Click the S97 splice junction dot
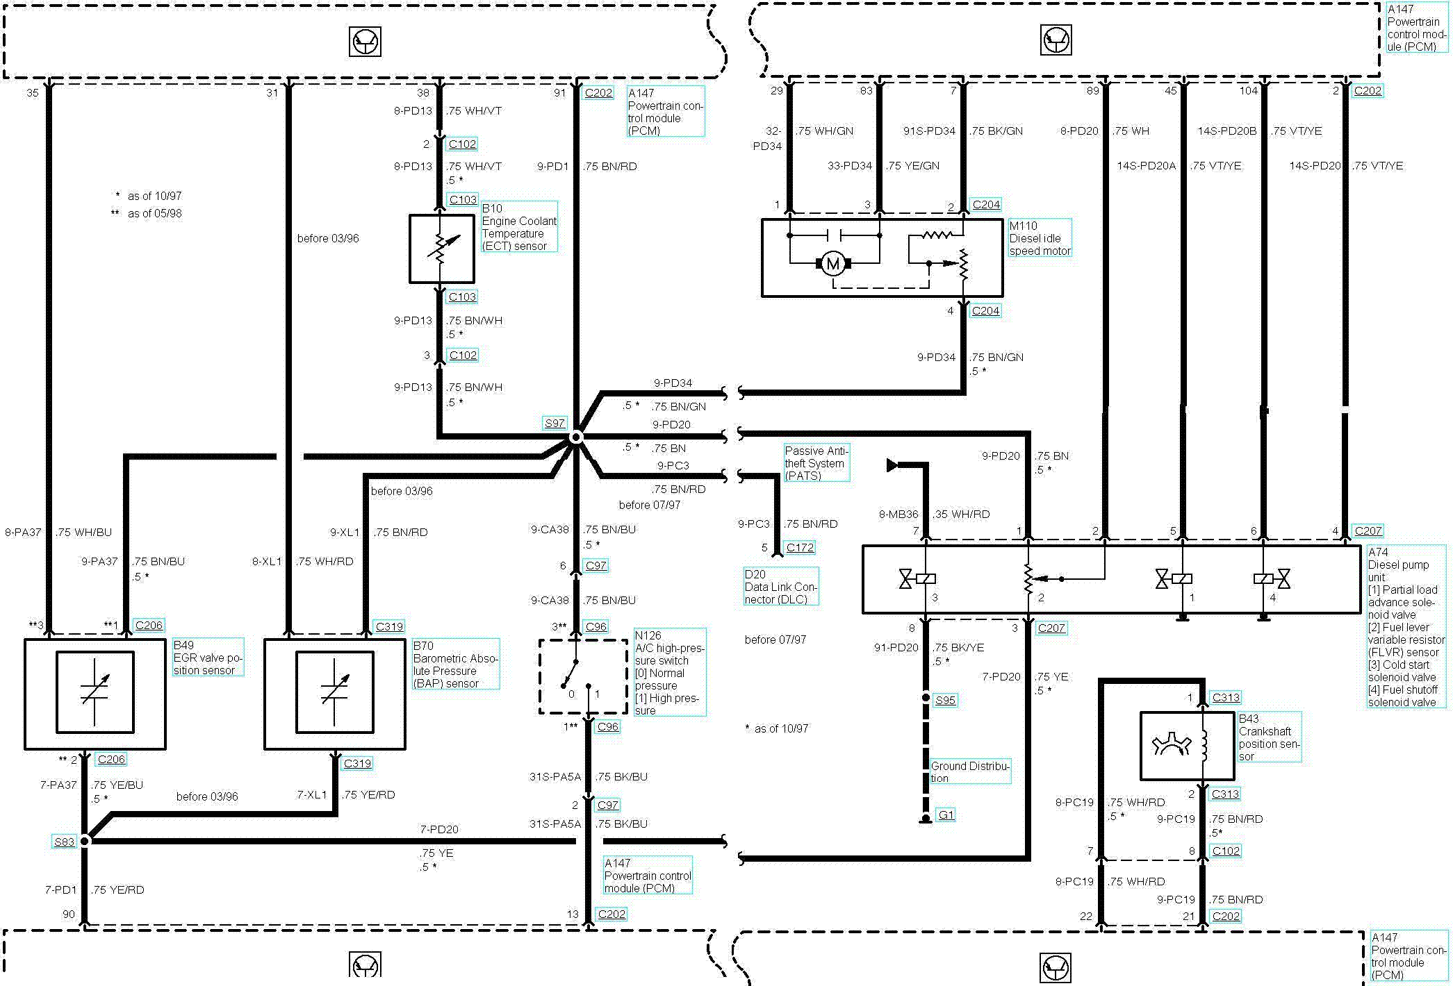576,437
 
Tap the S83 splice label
64,842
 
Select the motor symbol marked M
832,263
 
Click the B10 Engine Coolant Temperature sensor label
518,227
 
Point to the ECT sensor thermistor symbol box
441,249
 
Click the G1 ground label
946,814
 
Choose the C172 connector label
799,547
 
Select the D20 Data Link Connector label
780,587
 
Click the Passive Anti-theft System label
815,463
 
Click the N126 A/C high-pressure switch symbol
582,676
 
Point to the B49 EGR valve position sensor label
207,658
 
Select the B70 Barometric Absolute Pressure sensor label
454,665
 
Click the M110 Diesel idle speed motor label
1039,238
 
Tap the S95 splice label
944,700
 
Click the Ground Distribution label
969,771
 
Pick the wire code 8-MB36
898,515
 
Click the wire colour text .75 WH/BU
84,533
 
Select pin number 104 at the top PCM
1248,91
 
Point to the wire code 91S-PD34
928,131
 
